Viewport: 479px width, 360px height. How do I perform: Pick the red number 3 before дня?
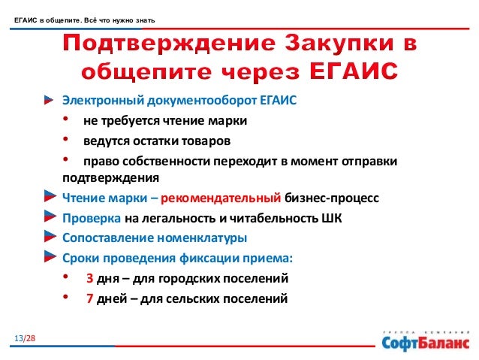89,278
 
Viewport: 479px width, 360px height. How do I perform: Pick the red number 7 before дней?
89,298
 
